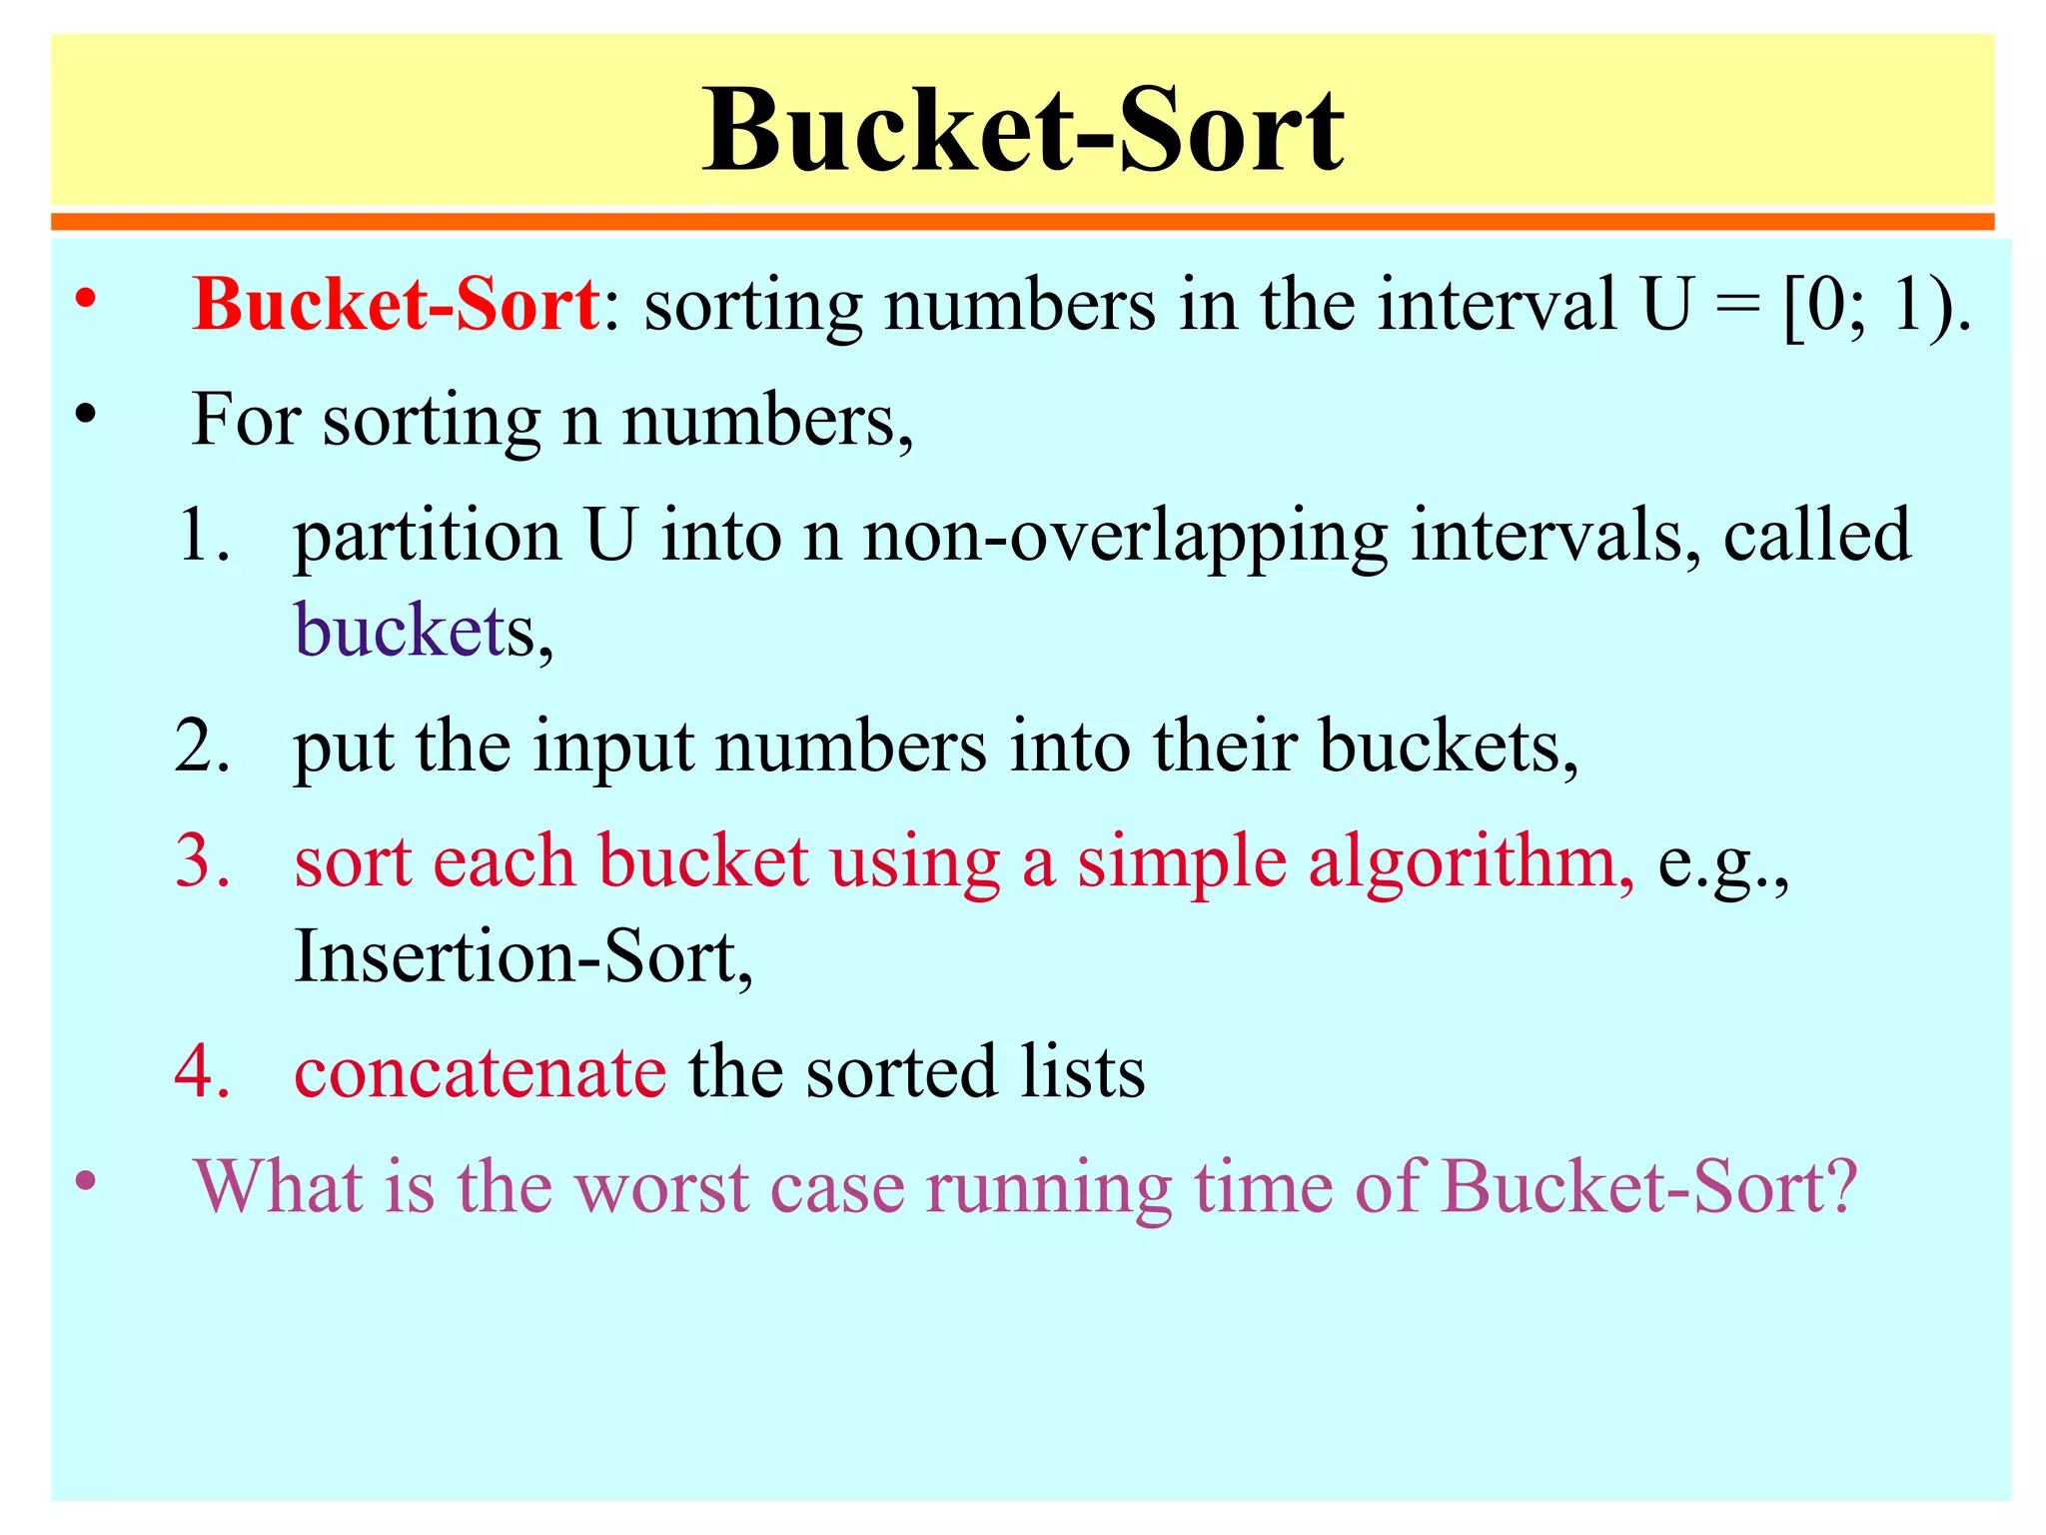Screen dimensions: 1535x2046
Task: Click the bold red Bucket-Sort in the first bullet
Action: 396,305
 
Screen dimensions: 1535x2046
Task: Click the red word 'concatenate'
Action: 480,1072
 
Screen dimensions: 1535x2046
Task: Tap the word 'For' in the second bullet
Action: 246,420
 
